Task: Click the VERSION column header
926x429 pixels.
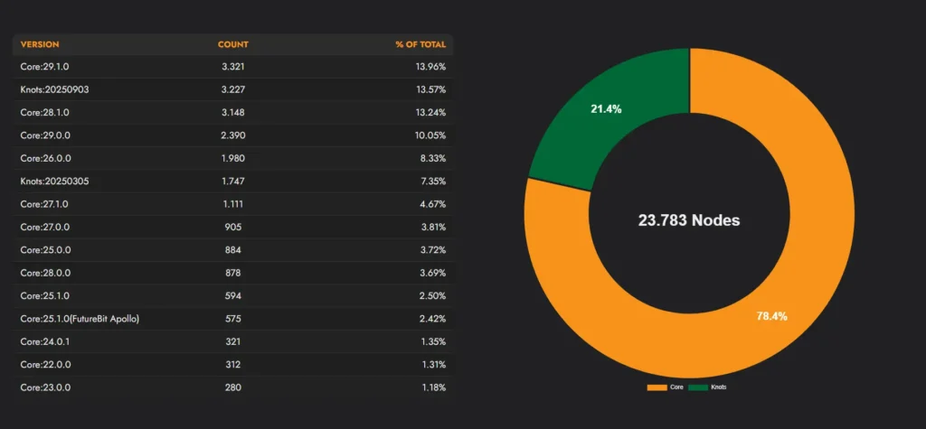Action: point(40,44)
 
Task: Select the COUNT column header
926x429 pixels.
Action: point(232,44)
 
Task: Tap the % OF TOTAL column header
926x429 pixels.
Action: point(420,44)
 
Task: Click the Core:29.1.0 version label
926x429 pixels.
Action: point(44,67)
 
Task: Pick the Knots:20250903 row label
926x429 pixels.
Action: point(54,89)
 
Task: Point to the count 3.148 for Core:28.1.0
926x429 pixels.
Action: point(232,112)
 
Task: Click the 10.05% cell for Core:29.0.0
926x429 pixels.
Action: point(430,135)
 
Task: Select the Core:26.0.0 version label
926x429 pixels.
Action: point(44,158)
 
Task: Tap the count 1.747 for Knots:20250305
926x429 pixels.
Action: point(232,181)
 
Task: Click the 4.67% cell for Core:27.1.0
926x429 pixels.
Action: point(431,204)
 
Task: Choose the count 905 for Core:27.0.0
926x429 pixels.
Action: point(232,227)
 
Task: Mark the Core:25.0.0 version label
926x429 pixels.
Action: point(44,249)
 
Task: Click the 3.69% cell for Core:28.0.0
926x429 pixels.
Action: point(431,273)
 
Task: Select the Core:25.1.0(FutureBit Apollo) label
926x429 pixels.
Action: point(80,319)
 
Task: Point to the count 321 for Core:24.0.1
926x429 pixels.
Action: point(232,341)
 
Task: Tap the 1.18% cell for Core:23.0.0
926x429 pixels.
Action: point(431,387)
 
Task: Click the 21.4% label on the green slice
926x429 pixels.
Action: point(606,108)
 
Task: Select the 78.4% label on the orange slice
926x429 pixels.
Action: point(771,316)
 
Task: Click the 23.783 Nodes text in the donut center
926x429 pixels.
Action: point(689,219)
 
